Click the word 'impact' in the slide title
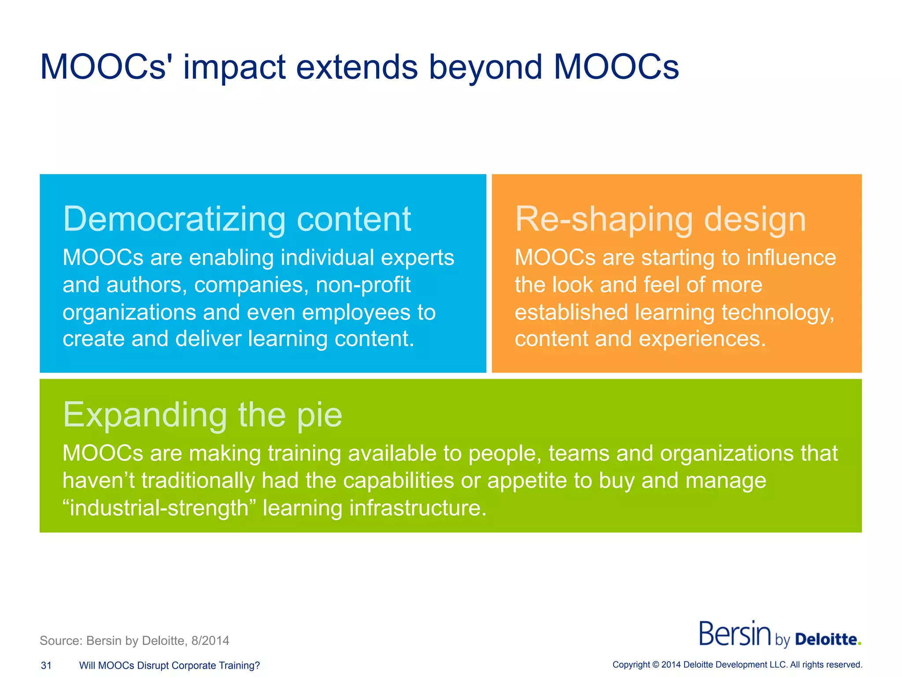(234, 67)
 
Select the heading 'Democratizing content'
(237, 219)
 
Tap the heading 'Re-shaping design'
(660, 219)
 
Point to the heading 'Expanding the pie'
(203, 415)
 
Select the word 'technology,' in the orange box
(778, 312)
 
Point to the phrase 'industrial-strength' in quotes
(159, 508)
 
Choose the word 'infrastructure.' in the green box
(418, 508)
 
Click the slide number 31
(46, 666)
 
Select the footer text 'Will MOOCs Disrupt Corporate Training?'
(170, 666)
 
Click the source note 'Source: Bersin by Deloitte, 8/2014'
(134, 641)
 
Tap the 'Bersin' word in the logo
(735, 634)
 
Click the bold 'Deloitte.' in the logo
(828, 639)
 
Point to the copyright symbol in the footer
(656, 665)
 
